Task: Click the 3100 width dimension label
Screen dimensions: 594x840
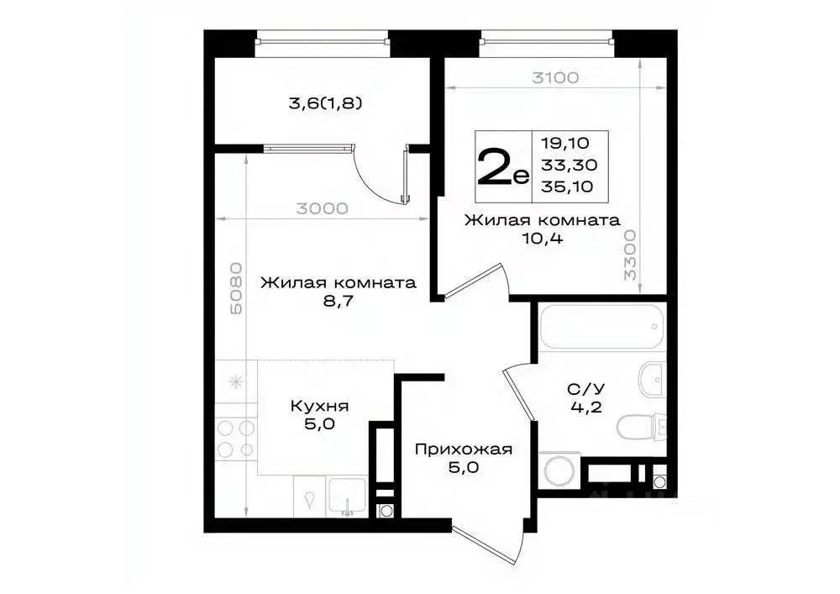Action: click(x=555, y=78)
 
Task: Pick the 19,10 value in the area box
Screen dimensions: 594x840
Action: click(x=568, y=144)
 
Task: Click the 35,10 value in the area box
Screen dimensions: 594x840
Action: click(x=568, y=187)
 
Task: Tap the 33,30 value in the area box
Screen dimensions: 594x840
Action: click(x=568, y=166)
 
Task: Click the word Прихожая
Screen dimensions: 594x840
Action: click(x=463, y=449)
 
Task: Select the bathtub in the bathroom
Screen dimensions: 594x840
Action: click(x=601, y=327)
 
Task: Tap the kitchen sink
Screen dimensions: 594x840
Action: click(x=344, y=497)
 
